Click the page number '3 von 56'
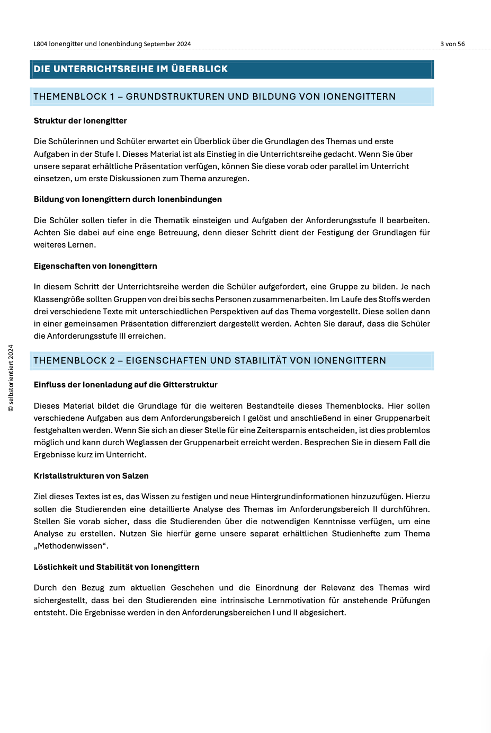(452, 44)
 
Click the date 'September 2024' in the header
(167, 44)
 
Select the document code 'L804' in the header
(40, 44)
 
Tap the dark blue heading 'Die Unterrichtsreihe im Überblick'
(130, 69)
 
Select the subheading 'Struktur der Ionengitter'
(80, 121)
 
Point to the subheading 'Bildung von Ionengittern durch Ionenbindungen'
(128, 199)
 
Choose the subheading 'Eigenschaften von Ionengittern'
(95, 266)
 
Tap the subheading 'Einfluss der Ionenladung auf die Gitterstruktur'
(126, 385)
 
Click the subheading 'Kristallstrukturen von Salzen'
(91, 476)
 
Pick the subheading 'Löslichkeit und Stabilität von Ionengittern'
(117, 567)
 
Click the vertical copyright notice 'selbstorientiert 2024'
(11, 377)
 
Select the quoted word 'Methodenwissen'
(69, 546)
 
